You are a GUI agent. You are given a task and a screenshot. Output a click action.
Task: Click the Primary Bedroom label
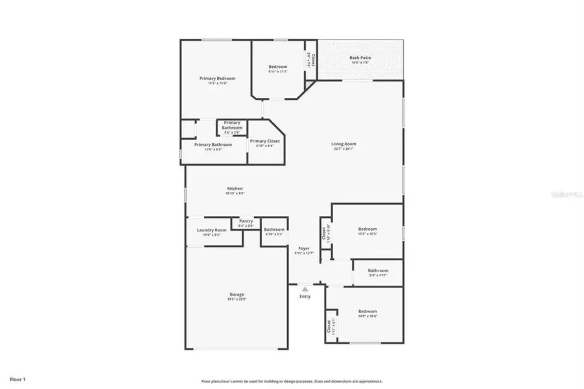pyautogui.click(x=217, y=78)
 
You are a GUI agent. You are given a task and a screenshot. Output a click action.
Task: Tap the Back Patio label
pyautogui.click(x=360, y=58)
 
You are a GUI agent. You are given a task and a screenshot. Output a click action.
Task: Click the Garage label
pyautogui.click(x=236, y=294)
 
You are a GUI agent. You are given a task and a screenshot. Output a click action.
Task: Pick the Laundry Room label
pyautogui.click(x=212, y=230)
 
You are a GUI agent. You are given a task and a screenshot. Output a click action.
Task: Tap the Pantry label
pyautogui.click(x=246, y=221)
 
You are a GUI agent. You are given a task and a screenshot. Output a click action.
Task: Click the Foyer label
pyautogui.click(x=304, y=248)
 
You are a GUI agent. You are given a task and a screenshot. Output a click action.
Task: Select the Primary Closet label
pyautogui.click(x=264, y=141)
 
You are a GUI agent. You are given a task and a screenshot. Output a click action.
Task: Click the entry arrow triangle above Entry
pyautogui.click(x=305, y=288)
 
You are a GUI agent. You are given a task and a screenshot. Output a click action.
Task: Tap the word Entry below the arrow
pyautogui.click(x=305, y=296)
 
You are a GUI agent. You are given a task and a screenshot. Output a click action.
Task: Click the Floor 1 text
pyautogui.click(x=18, y=378)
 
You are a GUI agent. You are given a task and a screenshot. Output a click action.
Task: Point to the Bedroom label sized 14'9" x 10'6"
pyautogui.click(x=368, y=311)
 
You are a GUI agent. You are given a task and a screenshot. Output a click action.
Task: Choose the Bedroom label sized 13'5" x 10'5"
pyautogui.click(x=368, y=229)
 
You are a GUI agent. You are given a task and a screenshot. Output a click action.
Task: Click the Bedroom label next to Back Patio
pyautogui.click(x=277, y=66)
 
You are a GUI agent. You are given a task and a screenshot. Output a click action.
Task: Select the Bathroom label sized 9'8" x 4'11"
pyautogui.click(x=378, y=270)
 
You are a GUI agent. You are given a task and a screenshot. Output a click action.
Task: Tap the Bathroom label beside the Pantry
pyautogui.click(x=274, y=229)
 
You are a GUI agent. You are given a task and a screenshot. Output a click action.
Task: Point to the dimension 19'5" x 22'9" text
pyautogui.click(x=236, y=300)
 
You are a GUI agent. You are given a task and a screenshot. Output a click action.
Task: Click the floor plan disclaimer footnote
pyautogui.click(x=292, y=381)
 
